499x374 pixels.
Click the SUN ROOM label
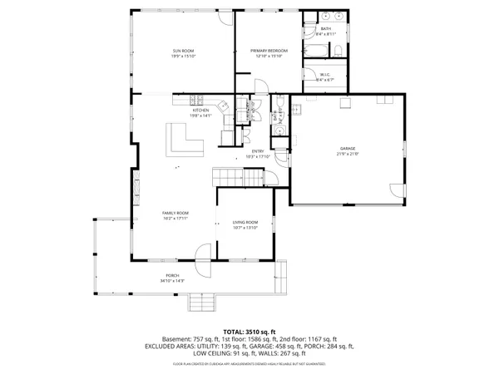click(182, 52)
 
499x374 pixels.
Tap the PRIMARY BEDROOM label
click(268, 52)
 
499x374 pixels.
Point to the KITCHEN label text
click(200, 111)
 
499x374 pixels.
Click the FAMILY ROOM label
click(175, 214)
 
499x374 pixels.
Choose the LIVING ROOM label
click(245, 222)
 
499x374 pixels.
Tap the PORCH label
click(172, 276)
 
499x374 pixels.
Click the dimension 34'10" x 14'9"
click(172, 281)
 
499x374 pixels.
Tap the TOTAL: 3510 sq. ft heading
click(249, 332)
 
